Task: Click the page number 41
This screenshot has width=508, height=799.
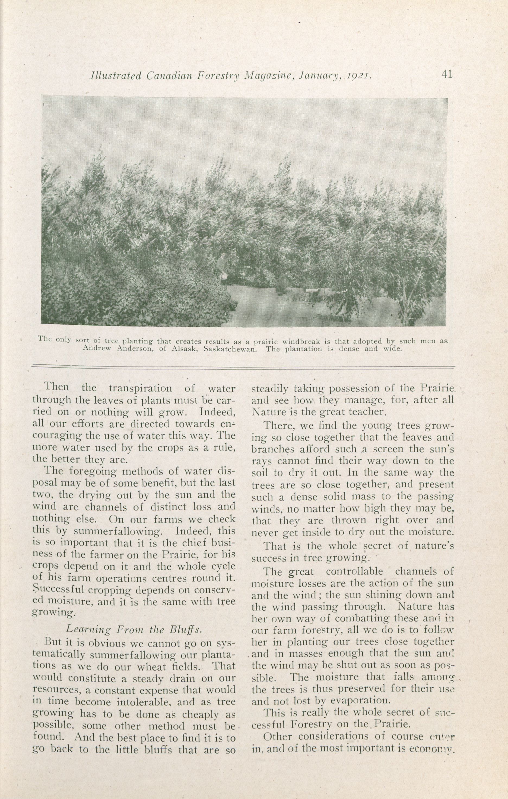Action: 447,75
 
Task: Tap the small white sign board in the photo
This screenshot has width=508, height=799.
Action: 312,291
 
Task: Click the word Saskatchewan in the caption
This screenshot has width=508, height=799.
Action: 231,349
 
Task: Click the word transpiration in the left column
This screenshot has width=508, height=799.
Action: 140,388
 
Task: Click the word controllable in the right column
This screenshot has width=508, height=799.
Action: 354,572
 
